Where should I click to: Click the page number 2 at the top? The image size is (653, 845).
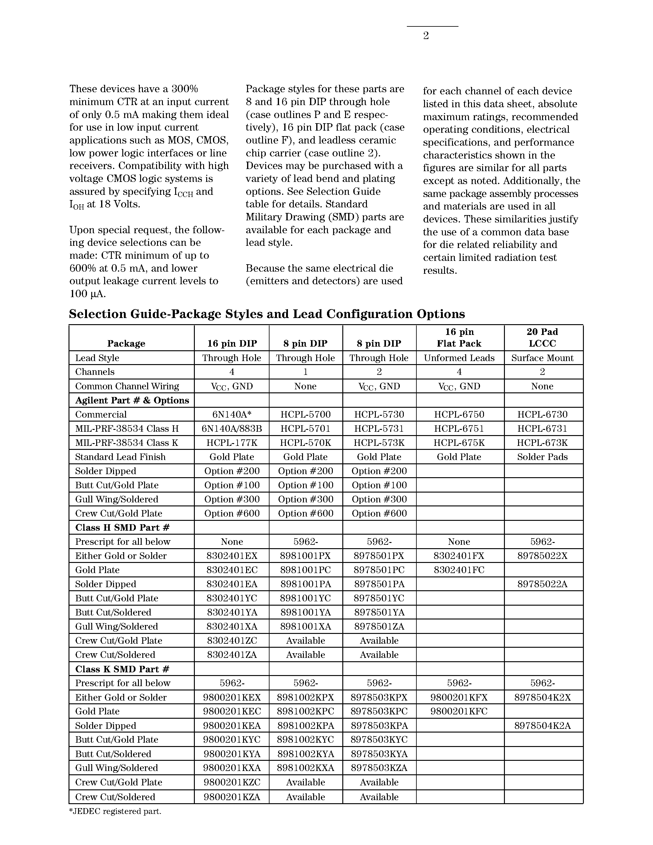[x=426, y=36]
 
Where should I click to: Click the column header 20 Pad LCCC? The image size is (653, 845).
[x=542, y=337]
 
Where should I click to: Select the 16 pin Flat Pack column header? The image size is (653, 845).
[x=459, y=337]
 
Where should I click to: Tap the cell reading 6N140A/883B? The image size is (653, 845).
[x=231, y=428]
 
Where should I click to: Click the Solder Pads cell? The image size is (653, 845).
[x=542, y=457]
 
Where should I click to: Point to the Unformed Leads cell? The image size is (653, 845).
[x=459, y=358]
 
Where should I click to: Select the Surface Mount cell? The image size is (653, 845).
[x=542, y=358]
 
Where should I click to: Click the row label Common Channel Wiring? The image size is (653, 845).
[x=127, y=386]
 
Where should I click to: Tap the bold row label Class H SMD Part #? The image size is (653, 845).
[x=122, y=527]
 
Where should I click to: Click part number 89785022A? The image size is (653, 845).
[x=542, y=584]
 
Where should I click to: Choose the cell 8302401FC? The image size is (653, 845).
[x=459, y=570]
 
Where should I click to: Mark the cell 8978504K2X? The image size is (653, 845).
[x=542, y=697]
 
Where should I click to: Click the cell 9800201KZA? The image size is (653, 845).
[x=231, y=797]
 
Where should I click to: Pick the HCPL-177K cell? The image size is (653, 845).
[x=231, y=442]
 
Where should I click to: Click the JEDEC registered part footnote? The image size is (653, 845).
[x=115, y=811]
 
